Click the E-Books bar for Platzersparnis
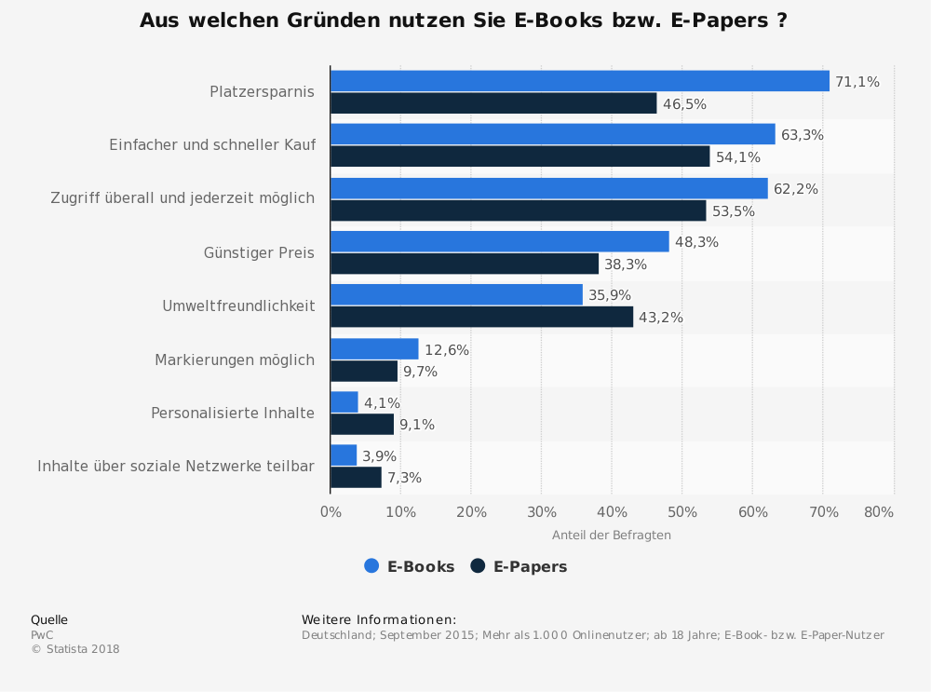(579, 81)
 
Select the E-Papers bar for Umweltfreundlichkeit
(481, 317)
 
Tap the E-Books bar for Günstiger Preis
(499, 242)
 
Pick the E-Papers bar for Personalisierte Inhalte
(362, 425)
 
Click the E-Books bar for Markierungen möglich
(374, 349)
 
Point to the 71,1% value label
(857, 82)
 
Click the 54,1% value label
(738, 157)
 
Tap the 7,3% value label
(405, 478)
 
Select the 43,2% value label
(661, 318)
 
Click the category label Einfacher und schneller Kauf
(212, 145)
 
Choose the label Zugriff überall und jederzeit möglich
(182, 198)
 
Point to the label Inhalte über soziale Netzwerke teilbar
(176, 466)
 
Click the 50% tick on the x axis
(682, 512)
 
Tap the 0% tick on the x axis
(331, 512)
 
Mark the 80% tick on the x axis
(879, 512)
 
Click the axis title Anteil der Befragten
(612, 536)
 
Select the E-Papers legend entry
(519, 566)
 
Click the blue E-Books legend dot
(371, 565)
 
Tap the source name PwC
(42, 635)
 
